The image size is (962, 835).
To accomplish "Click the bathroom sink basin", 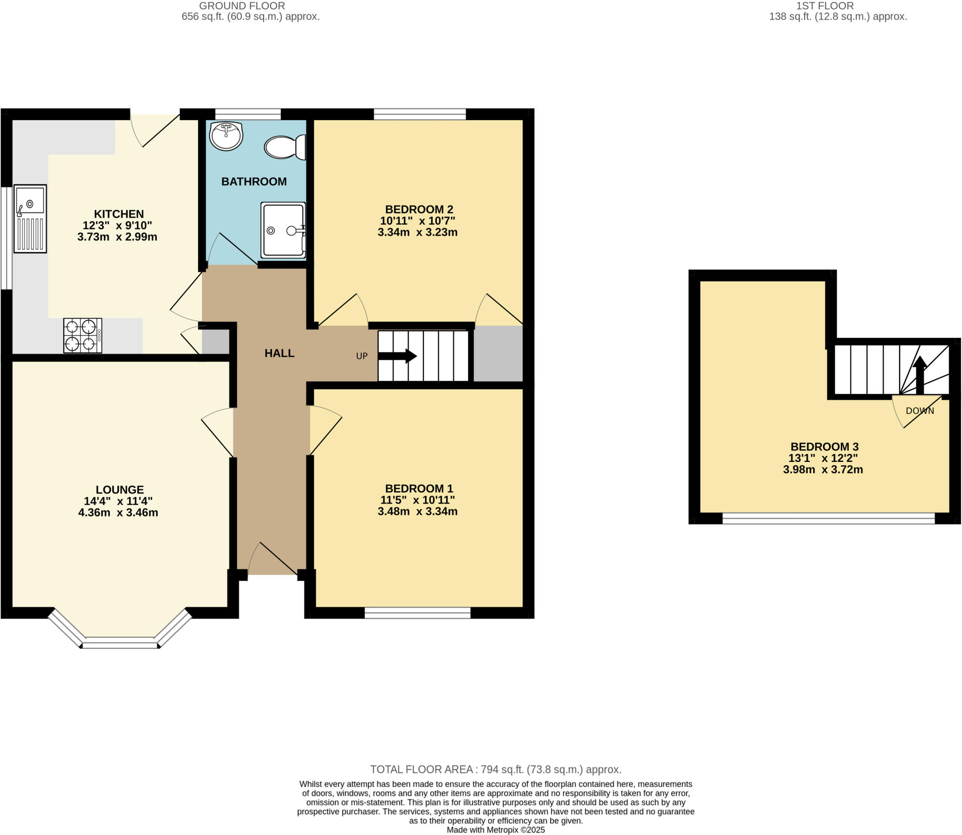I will click(226, 136).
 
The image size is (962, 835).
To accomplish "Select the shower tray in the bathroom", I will click(283, 230).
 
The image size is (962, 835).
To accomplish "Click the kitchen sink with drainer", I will click(31, 219).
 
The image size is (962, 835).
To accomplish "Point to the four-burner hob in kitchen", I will click(83, 336).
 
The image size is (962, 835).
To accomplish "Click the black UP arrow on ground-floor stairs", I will click(397, 356).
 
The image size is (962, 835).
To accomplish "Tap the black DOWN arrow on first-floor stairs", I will click(919, 375).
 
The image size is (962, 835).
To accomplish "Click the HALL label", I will click(279, 353).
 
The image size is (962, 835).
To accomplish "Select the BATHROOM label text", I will click(254, 182).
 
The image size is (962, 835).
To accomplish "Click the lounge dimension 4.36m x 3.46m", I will click(118, 513).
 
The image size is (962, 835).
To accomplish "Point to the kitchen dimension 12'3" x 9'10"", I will click(117, 225).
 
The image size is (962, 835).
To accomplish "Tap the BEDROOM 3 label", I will click(824, 446).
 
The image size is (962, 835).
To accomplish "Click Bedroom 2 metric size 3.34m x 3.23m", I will click(417, 232).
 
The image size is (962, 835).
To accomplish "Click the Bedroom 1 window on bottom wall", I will click(418, 613).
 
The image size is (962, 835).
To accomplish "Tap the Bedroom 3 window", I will click(828, 518).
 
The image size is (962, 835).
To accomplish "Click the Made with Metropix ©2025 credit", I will click(496, 829).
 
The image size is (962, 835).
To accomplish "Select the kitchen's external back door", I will click(155, 129).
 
